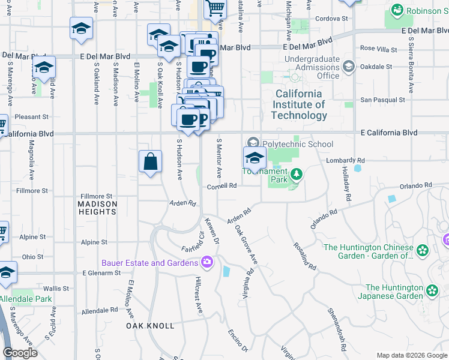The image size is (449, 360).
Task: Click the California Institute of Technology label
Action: [x=299, y=104]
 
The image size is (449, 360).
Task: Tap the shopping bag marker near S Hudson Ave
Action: [x=150, y=162]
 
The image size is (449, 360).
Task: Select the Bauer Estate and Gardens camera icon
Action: [x=207, y=262]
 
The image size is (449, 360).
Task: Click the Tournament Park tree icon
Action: [x=296, y=174]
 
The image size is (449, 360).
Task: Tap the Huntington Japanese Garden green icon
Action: [x=433, y=292]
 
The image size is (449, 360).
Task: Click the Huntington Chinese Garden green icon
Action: [x=423, y=250]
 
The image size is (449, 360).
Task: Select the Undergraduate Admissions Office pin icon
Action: [x=348, y=67]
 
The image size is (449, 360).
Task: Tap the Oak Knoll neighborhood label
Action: [x=150, y=326]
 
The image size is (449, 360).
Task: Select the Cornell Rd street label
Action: [x=222, y=186]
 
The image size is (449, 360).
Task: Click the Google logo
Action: [x=20, y=353]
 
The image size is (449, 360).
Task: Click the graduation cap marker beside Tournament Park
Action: [x=255, y=160]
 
